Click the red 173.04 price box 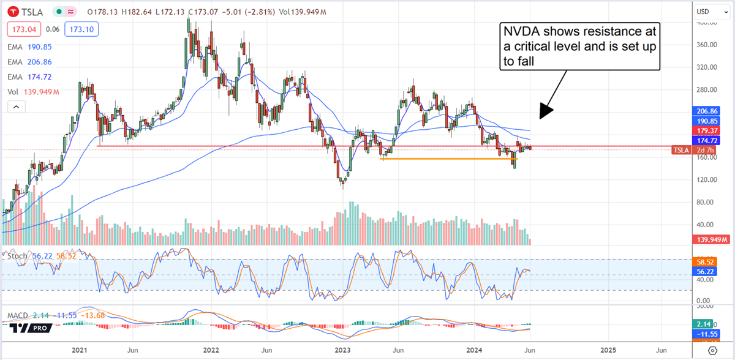[x=21, y=28]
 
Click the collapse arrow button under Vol [x=17, y=107]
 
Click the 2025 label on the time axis [x=608, y=350]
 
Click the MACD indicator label [x=17, y=315]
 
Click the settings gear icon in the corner [x=712, y=350]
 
